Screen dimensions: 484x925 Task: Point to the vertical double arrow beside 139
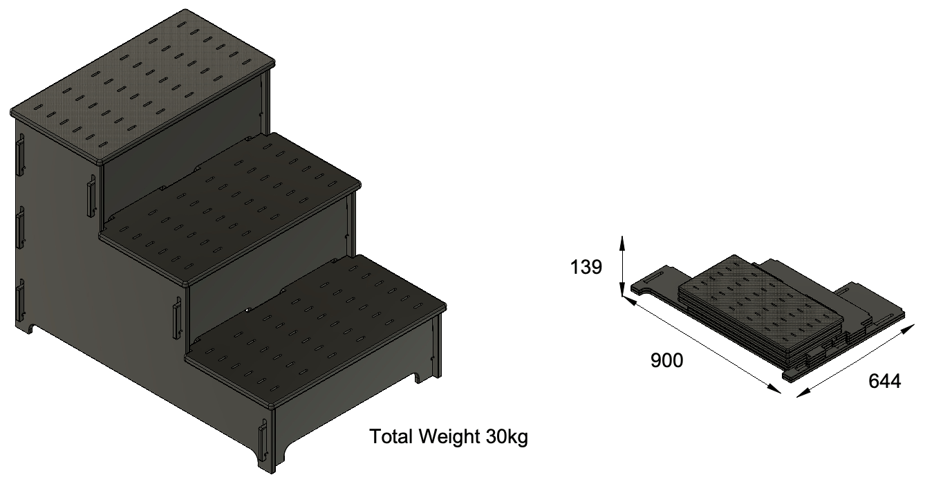click(x=622, y=266)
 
